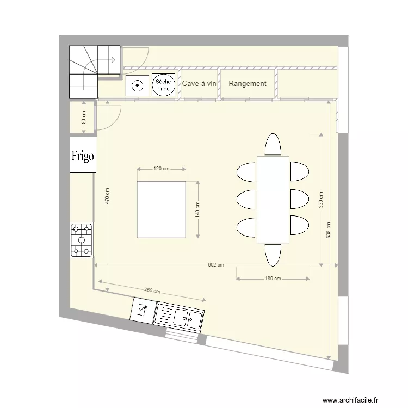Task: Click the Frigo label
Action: point(83,156)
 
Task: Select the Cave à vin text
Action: point(199,84)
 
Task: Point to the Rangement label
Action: point(248,84)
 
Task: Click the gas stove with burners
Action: point(82,240)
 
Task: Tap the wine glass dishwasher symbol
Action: point(142,310)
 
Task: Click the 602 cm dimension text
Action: point(216,265)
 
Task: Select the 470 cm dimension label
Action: point(108,196)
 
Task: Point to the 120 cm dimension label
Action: point(162,169)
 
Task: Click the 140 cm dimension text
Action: point(197,209)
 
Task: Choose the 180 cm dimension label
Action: point(273,279)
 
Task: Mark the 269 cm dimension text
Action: point(152,291)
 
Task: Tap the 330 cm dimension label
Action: point(321,200)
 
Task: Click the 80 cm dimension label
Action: point(83,117)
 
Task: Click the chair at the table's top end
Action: point(273,145)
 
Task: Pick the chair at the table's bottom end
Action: point(273,254)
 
